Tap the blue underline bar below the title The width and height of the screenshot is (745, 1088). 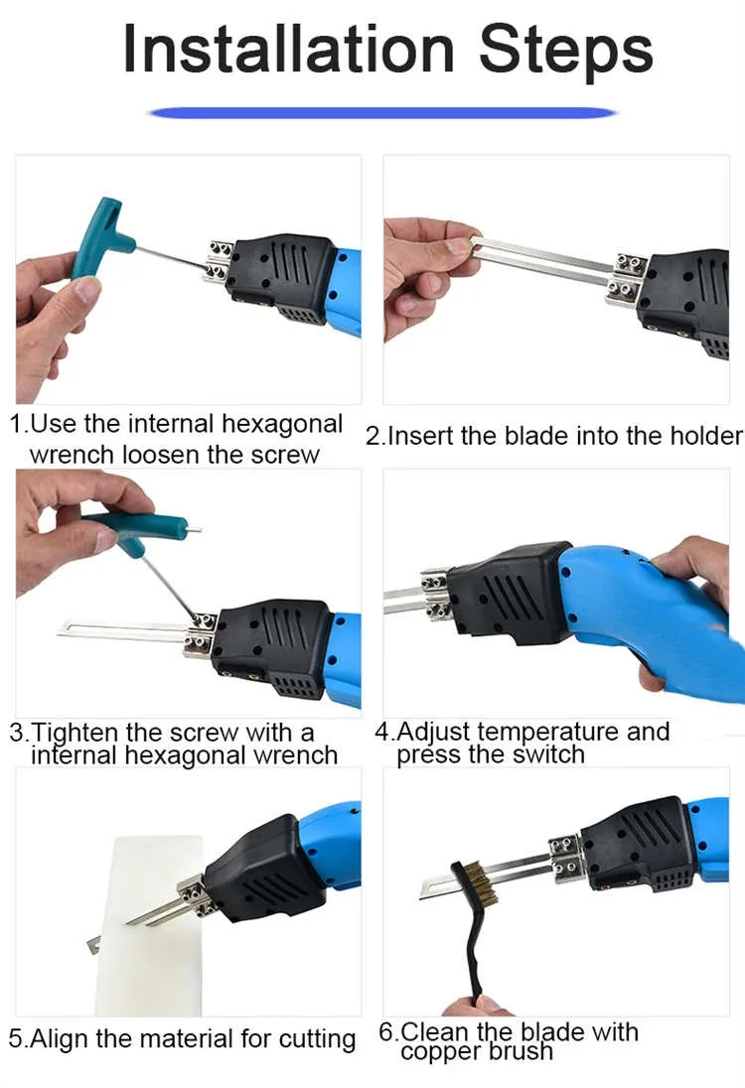(x=382, y=113)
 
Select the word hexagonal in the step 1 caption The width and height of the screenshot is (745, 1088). (x=281, y=425)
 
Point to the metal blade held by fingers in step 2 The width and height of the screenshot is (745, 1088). (x=536, y=260)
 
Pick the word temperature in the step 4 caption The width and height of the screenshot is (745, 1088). (x=547, y=732)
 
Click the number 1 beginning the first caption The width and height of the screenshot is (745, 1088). (x=16, y=425)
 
